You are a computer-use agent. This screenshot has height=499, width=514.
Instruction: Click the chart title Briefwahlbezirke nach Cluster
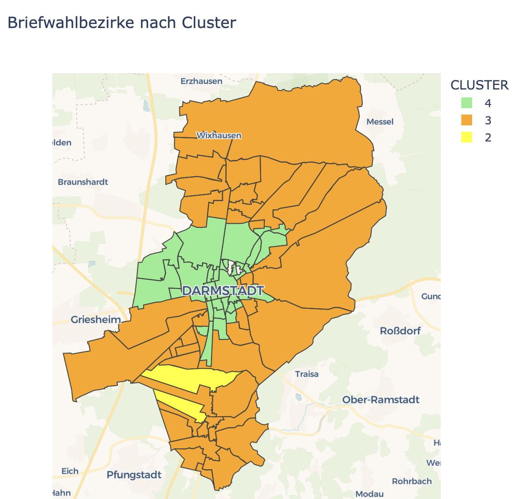point(121,23)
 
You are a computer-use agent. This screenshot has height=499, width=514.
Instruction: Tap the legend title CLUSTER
point(479,85)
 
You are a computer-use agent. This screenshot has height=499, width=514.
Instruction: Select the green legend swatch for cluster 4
point(467,103)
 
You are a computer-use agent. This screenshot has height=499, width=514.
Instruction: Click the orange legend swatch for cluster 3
point(467,120)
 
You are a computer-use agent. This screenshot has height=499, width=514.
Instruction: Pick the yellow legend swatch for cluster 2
point(467,137)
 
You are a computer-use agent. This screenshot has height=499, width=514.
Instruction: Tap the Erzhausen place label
point(201,81)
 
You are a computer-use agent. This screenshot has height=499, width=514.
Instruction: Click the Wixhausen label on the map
point(219,135)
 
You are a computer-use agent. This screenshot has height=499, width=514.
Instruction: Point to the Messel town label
point(380,122)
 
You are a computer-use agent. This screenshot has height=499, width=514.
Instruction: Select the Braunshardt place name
point(83,182)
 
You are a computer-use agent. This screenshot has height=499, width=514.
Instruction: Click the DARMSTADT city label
point(223,291)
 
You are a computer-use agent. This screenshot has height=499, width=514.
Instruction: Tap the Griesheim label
point(96,320)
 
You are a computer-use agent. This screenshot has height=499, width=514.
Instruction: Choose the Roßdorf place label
point(400,331)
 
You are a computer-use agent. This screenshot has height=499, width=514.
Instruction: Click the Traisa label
point(307,374)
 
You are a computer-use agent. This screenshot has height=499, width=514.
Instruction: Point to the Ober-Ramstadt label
point(381,400)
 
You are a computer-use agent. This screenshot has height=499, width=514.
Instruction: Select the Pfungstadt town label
point(134,475)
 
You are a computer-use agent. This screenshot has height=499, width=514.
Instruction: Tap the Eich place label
point(70,471)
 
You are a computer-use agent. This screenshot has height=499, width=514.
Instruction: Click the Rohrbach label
point(411,481)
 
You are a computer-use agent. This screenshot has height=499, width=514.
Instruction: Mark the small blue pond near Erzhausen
point(146,106)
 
